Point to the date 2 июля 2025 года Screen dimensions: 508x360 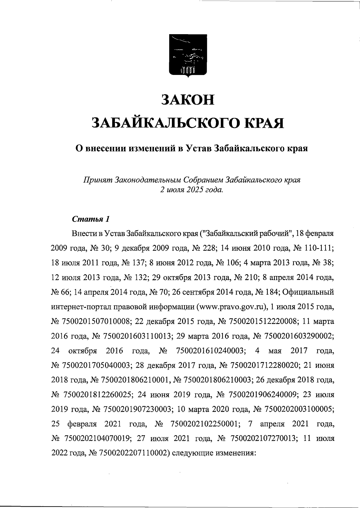(x=192, y=190)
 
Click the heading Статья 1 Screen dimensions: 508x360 (x=91, y=219)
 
